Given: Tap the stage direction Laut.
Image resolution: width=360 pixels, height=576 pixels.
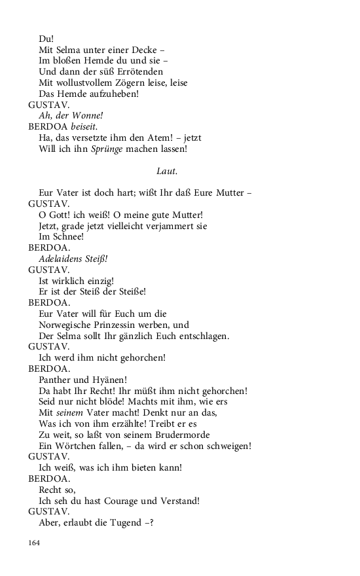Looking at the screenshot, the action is pos(168,171).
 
